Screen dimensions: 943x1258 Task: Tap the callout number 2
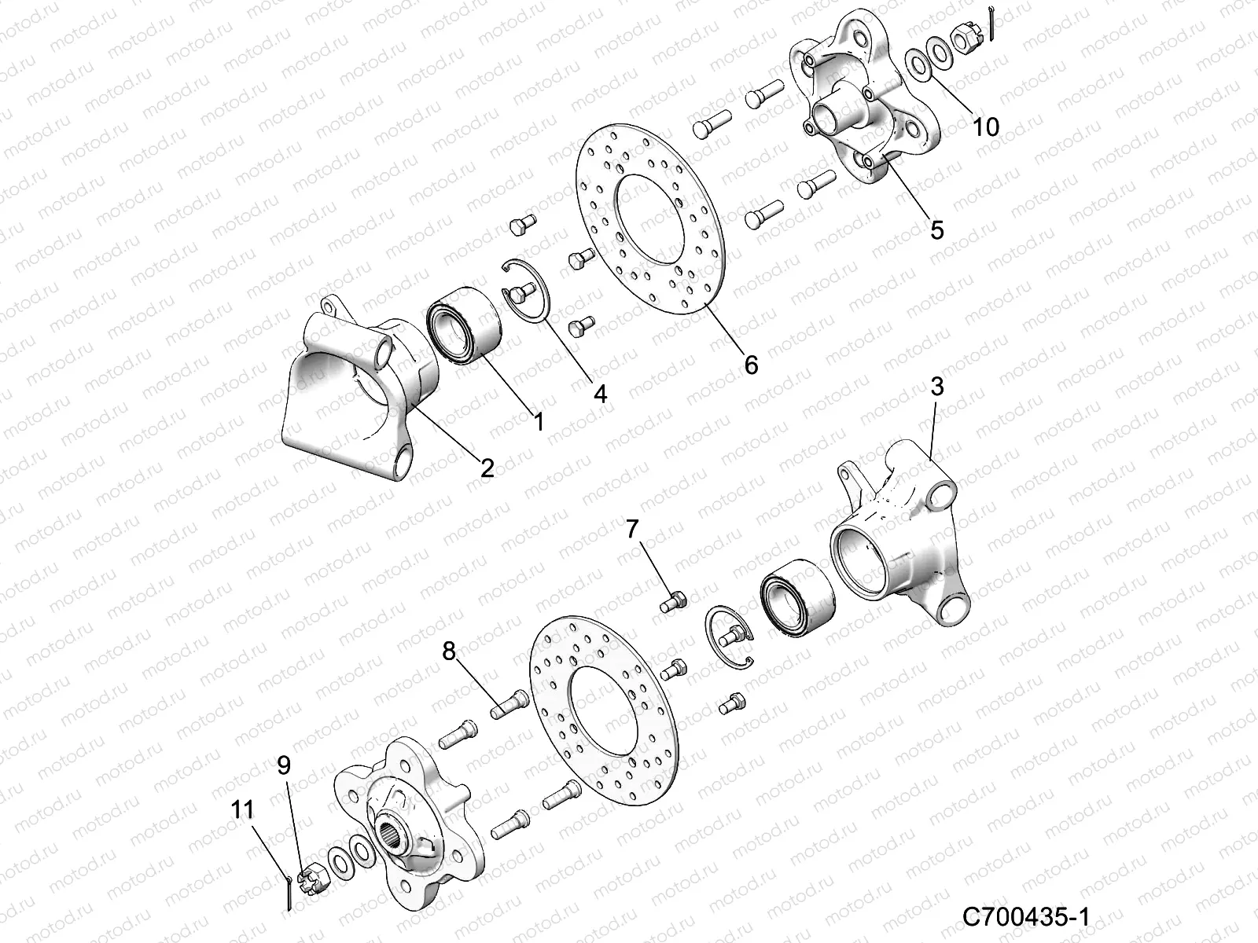[487, 469]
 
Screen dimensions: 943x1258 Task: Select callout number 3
[936, 387]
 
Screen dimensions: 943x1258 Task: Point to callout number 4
[600, 393]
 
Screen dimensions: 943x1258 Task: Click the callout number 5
[936, 230]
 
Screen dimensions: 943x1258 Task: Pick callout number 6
[751, 365]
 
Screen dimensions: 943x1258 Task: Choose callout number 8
[448, 651]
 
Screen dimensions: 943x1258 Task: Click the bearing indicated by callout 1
[462, 328]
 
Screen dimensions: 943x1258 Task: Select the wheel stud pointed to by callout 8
[509, 703]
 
